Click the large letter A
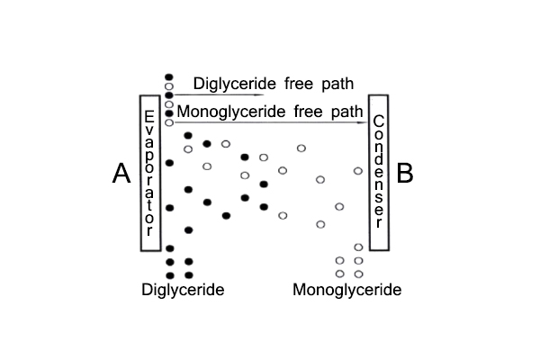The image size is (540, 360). pos(121,173)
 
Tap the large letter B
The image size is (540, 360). pos(405,173)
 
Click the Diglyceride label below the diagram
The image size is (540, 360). pos(183,290)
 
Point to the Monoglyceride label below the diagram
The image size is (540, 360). pos(347,290)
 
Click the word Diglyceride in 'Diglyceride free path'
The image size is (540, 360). pos(235,84)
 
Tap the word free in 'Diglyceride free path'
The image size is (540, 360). pos(299,84)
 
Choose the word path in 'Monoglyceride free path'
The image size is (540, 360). pos(346,112)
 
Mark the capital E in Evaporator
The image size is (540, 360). pos(149,117)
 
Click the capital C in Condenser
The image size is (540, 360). pos(379,121)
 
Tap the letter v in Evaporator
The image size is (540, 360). pos(149,130)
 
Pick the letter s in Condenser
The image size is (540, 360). pos(379,197)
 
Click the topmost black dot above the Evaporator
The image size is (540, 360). pos(169,76)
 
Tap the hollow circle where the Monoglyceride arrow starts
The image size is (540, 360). pos(169,122)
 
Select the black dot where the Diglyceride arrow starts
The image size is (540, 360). pos(169,95)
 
